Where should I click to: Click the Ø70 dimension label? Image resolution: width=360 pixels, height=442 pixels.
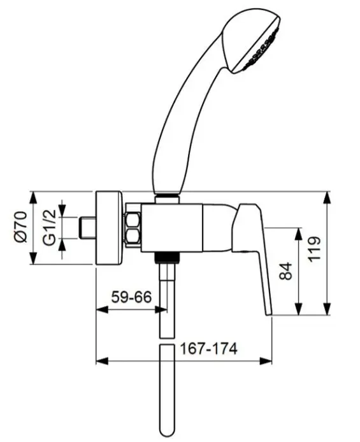(x=21, y=228)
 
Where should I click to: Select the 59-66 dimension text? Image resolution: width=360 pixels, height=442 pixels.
(x=131, y=297)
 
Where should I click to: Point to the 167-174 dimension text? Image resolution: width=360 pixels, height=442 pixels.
(x=208, y=349)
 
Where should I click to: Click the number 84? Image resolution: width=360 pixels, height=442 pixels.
(x=285, y=271)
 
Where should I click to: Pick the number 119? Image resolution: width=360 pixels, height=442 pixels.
(x=314, y=249)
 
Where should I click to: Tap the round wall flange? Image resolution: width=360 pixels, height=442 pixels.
(x=110, y=228)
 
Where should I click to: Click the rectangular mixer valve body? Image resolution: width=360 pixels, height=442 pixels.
(x=172, y=228)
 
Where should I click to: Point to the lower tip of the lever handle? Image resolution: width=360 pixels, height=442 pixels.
(x=269, y=314)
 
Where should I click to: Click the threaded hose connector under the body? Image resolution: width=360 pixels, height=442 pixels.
(x=167, y=258)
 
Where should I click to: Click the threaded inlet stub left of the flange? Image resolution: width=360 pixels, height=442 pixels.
(x=87, y=228)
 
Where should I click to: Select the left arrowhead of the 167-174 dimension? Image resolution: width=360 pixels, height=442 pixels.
(x=102, y=361)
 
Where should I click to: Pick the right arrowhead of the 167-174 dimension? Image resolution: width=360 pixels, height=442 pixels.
(x=266, y=361)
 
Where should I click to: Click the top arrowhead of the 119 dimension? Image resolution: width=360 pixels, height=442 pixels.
(x=327, y=197)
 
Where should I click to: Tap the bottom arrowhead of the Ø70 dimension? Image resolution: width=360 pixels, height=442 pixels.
(x=33, y=258)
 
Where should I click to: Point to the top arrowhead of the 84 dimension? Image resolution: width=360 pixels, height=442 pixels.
(x=298, y=233)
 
